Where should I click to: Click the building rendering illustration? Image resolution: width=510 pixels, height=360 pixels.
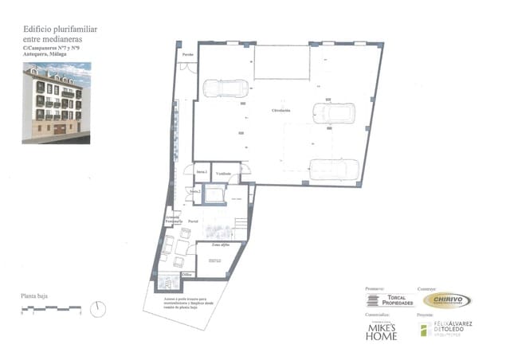[x=56, y=103]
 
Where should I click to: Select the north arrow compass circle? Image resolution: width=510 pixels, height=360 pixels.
[x=98, y=308]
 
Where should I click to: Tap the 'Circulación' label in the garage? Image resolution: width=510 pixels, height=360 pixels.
[x=280, y=109]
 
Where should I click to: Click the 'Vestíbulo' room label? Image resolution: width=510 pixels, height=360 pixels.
[x=224, y=173]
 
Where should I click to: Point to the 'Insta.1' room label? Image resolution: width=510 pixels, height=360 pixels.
[x=201, y=173]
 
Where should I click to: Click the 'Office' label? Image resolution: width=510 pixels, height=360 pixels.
[x=187, y=273]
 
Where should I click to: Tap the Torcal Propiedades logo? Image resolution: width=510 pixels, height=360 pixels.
[x=384, y=299]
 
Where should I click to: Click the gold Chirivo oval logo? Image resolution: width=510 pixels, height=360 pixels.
[x=446, y=299]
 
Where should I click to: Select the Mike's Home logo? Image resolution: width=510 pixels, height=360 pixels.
[x=382, y=331]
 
